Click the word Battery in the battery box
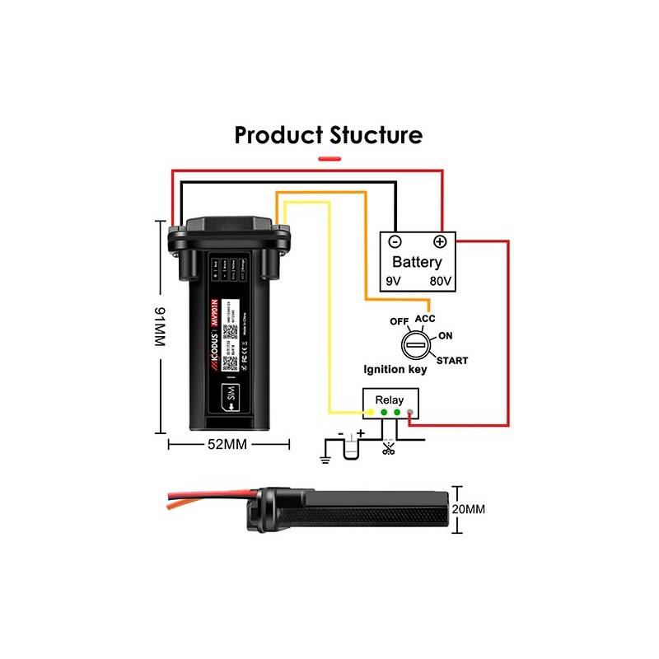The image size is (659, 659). (x=417, y=263)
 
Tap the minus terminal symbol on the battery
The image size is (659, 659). (x=395, y=241)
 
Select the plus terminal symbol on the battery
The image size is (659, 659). (x=440, y=241)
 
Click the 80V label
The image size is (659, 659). (x=440, y=282)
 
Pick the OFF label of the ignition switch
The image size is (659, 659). (x=400, y=321)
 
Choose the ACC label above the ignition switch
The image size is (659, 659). (x=424, y=319)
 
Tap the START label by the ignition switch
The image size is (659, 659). (x=452, y=361)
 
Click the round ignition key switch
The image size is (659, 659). (x=415, y=345)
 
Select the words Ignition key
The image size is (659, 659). (x=395, y=370)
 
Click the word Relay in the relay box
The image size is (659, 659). (x=390, y=400)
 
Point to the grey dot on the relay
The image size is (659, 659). (x=410, y=411)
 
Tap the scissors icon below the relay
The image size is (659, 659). (x=388, y=448)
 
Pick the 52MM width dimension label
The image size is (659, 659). (x=229, y=443)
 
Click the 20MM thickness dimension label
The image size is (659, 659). (x=470, y=509)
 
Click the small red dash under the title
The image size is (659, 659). (x=329, y=157)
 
